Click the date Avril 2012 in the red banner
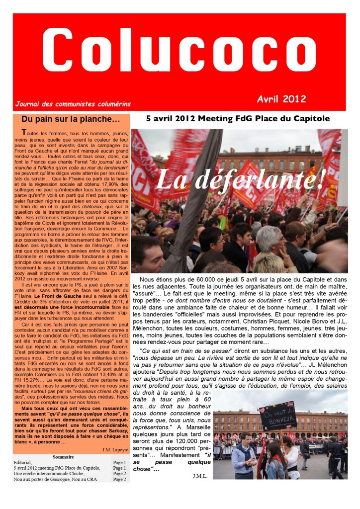[x=281, y=98]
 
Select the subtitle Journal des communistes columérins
[x=73, y=104]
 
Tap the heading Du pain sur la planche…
[x=71, y=119]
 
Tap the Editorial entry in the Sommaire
[x=23, y=463]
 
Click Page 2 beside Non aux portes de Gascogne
[x=119, y=479]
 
